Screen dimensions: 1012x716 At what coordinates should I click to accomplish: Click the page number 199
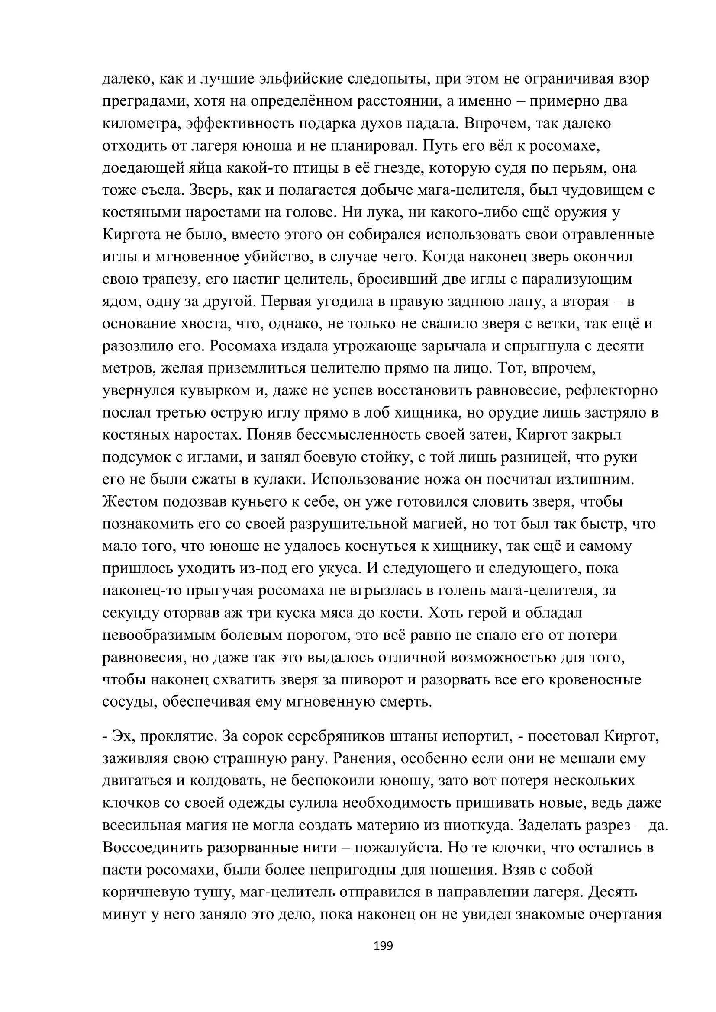(383, 946)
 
